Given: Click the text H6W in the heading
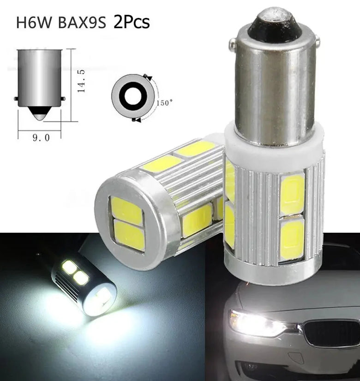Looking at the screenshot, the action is [x=34, y=23].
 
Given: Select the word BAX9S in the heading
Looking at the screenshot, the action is [x=82, y=23].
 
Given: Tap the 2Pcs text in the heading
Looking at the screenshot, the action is [x=132, y=22].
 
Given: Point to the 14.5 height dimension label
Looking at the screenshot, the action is [x=81, y=81].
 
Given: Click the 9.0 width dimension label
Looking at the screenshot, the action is [x=41, y=138].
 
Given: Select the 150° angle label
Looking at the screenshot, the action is [x=164, y=103].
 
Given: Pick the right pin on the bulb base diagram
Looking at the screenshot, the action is [x=63, y=99].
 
